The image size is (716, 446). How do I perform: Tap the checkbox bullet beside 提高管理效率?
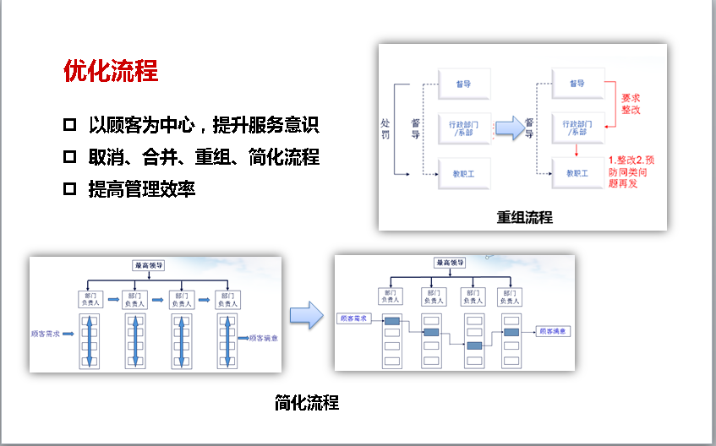(70, 189)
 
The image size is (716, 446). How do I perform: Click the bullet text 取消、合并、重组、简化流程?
(204, 158)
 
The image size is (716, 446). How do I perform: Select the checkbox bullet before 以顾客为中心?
(70, 127)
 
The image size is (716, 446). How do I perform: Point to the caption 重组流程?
(524, 217)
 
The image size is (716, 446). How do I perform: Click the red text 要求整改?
(631, 104)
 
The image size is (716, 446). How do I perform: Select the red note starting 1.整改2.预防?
(636, 171)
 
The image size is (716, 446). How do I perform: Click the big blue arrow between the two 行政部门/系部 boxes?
(507, 128)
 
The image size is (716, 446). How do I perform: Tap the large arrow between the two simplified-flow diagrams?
(306, 315)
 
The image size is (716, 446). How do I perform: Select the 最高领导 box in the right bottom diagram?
(451, 263)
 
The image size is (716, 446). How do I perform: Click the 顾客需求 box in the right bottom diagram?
(354, 319)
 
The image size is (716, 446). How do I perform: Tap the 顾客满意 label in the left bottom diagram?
(265, 338)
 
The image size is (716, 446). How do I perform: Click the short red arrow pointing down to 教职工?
(577, 150)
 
